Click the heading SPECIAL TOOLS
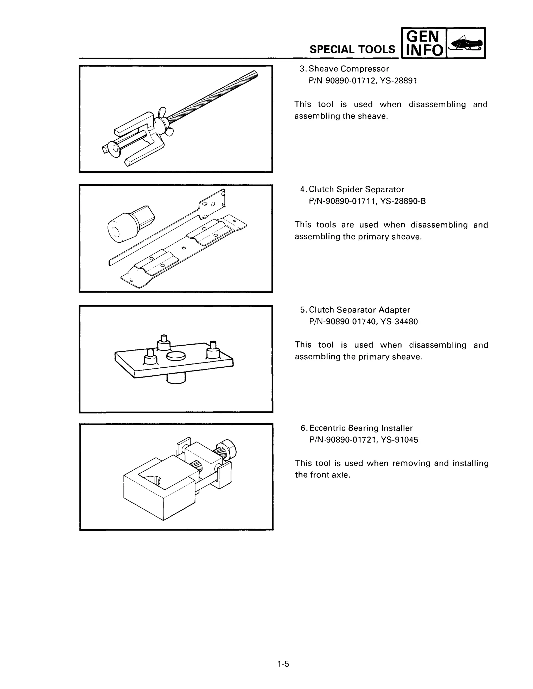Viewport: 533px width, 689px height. [352, 49]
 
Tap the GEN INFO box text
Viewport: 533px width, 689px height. [423, 43]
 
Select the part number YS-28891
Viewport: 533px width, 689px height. [398, 81]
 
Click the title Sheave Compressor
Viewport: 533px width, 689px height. [348, 69]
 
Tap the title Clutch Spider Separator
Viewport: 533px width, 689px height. [356, 189]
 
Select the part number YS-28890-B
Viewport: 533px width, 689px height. [403, 201]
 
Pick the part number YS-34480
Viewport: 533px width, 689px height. [399, 322]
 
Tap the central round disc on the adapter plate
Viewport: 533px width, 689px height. [176, 356]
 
